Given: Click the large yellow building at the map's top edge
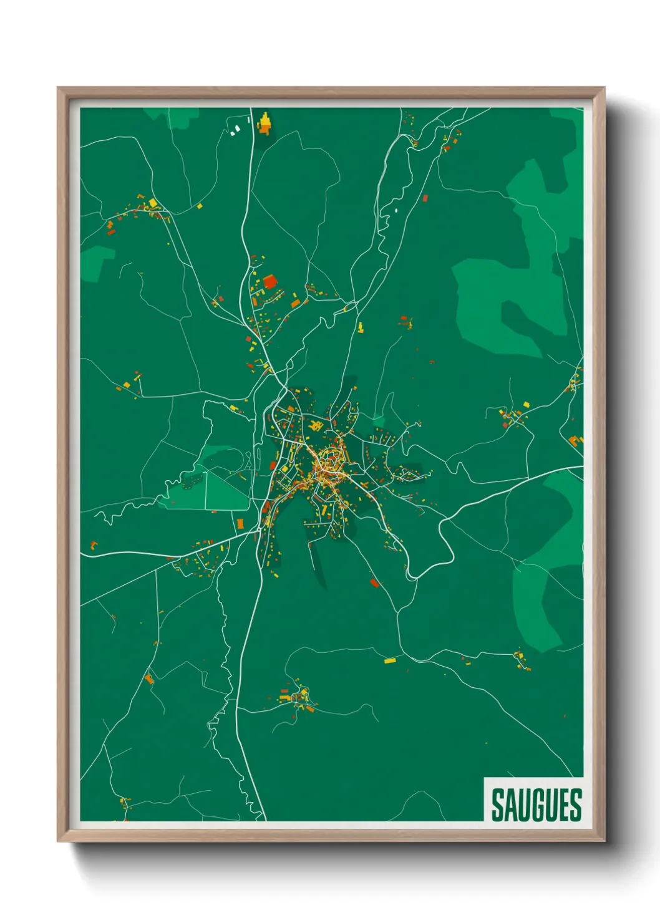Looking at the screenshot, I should [264, 123].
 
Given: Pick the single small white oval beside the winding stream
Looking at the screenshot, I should [396, 210].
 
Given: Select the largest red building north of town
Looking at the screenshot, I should [269, 282].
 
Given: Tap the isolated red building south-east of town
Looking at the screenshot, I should [374, 583].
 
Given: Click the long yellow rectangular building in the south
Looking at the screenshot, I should [390, 660].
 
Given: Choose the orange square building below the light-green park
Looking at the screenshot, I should [240, 523].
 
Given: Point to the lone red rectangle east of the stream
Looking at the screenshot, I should [425, 198].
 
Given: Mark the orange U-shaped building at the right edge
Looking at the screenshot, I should [575, 441].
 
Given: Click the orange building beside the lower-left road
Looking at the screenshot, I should [148, 678].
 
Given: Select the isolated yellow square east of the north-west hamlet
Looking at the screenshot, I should [200, 206].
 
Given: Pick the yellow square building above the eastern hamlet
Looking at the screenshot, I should [525, 405].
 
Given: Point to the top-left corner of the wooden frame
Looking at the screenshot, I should [59, 89].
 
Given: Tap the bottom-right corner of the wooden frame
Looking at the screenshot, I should [604, 841].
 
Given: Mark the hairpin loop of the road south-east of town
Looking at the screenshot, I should [443, 530].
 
